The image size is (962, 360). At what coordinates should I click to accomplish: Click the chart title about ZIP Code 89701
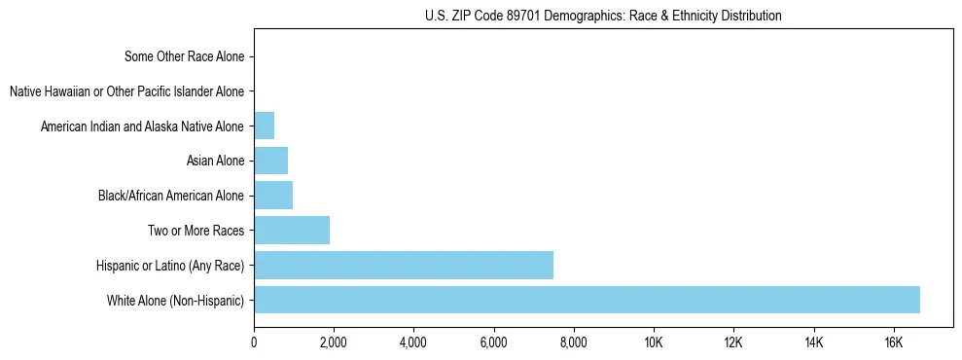(x=603, y=16)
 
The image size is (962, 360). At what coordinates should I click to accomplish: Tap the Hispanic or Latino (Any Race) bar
(x=404, y=265)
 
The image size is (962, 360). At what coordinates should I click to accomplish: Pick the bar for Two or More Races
(x=292, y=231)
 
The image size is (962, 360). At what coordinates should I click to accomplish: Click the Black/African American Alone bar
(x=273, y=196)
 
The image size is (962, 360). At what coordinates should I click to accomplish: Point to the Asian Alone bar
(x=270, y=161)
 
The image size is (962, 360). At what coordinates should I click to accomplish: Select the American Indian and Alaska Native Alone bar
(x=264, y=126)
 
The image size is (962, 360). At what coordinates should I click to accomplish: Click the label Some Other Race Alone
(x=185, y=56)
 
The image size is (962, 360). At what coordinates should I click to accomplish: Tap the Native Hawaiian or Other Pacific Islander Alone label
(x=126, y=91)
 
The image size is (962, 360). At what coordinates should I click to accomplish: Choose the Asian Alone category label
(x=215, y=161)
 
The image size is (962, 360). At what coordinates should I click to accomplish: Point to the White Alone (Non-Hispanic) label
(x=176, y=301)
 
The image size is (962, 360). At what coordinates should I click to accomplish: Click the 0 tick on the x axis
(x=254, y=342)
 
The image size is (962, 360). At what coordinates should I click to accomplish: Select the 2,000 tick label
(x=334, y=342)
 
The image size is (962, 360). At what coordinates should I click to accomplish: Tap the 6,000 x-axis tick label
(x=493, y=342)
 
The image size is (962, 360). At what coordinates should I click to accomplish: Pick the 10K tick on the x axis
(x=654, y=342)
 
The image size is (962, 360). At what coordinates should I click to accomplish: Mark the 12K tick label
(x=733, y=342)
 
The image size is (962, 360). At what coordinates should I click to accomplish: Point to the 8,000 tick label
(x=574, y=342)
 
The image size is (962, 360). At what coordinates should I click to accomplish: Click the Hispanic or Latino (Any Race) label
(x=170, y=266)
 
